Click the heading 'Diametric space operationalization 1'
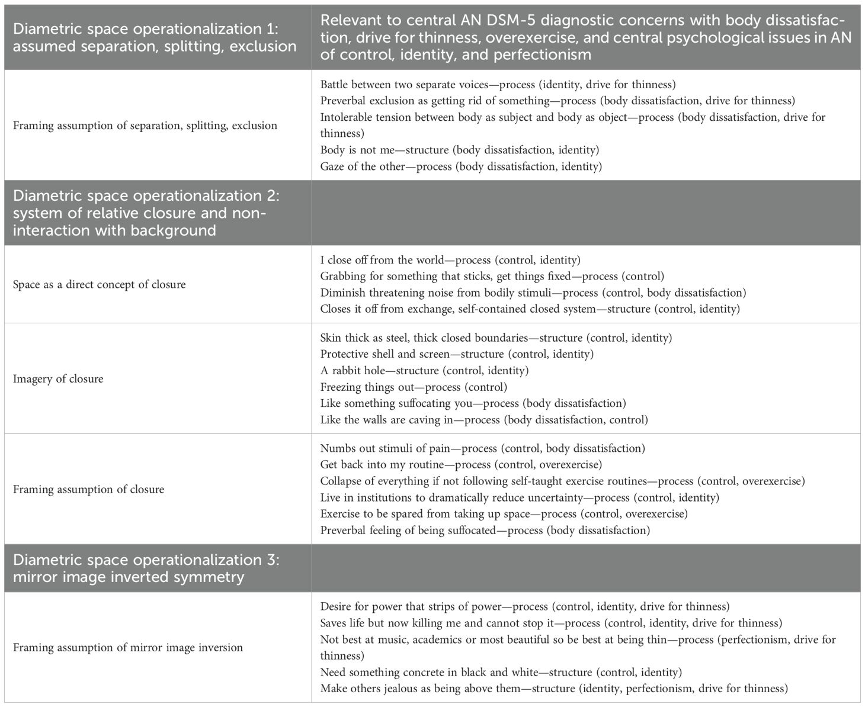pyautogui.click(x=145, y=29)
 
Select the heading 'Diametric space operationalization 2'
pyautogui.click(x=145, y=196)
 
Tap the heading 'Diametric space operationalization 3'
pyautogui.click(x=145, y=560)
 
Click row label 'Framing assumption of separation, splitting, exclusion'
pyautogui.click(x=145, y=126)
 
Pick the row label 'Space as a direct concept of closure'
pyautogui.click(x=100, y=284)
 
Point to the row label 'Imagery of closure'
pyautogui.click(x=58, y=379)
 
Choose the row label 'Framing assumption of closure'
pyautogui.click(x=89, y=489)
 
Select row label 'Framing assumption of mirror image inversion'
pyautogui.click(x=128, y=647)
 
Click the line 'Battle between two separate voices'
pyautogui.click(x=498, y=85)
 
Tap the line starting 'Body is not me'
pyautogui.click(x=460, y=150)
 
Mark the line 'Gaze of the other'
pyautogui.click(x=461, y=166)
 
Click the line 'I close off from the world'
pyautogui.click(x=450, y=260)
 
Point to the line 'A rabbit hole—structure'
pyautogui.click(x=424, y=371)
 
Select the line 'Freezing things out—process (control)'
pyautogui.click(x=414, y=387)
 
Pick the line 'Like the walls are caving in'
pyautogui.click(x=484, y=420)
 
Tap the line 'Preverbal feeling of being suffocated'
pyautogui.click(x=485, y=530)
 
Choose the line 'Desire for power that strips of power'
pyautogui.click(x=525, y=606)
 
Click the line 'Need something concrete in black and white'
pyautogui.click(x=501, y=672)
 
